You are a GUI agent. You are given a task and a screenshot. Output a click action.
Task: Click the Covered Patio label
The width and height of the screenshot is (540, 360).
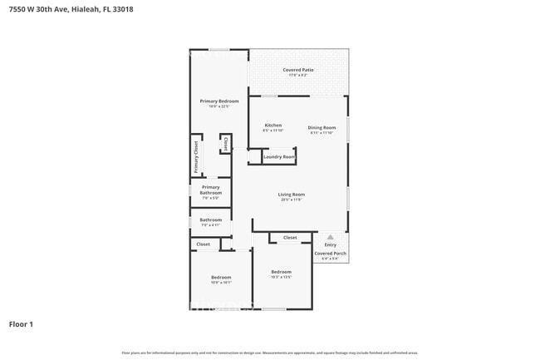pos(298,70)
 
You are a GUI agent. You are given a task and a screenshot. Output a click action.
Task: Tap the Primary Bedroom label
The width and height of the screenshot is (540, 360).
pos(218,101)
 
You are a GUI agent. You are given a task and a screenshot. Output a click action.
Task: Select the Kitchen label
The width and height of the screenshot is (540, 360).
pos(272,126)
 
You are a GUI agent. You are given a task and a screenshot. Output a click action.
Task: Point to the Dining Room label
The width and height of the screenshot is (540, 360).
pos(322,127)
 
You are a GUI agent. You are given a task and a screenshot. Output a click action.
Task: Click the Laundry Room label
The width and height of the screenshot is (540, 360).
pos(279,156)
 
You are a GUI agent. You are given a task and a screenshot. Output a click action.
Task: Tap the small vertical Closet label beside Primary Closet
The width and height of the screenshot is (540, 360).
pos(225,145)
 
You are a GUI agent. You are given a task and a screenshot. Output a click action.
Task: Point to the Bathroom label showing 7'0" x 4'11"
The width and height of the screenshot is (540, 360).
pos(210,220)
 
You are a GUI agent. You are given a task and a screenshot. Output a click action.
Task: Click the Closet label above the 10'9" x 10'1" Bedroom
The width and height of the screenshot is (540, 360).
pos(204,244)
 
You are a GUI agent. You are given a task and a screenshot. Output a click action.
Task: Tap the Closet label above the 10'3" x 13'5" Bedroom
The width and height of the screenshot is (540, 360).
pos(290,238)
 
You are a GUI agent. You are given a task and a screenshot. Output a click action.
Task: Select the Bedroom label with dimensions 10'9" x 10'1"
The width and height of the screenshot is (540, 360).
pos(220,277)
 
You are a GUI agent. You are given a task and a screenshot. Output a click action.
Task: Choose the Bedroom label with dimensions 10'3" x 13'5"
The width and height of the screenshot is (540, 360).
pos(282,272)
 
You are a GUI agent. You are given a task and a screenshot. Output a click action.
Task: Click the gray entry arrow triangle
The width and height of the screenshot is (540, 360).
pos(331,237)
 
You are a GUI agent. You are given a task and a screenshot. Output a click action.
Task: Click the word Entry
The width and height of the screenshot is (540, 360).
pos(331,244)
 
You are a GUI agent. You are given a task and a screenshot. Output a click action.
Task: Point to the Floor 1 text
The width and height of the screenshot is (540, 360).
pos(22,323)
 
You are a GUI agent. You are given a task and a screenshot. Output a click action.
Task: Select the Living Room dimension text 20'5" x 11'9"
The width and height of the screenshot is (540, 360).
pos(291,200)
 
